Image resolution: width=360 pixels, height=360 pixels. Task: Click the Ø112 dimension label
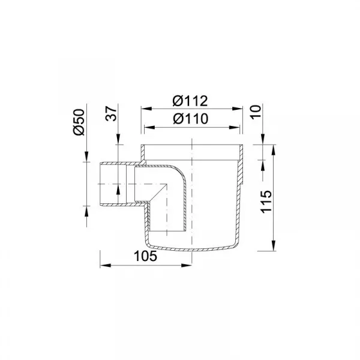click(x=190, y=101)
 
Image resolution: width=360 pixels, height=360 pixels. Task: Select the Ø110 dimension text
click(x=191, y=119)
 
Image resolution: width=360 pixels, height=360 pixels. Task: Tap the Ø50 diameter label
click(x=79, y=122)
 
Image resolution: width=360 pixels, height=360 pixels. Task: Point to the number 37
click(x=112, y=113)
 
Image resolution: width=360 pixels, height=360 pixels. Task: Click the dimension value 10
click(x=256, y=112)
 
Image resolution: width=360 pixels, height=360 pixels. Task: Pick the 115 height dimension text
click(x=266, y=202)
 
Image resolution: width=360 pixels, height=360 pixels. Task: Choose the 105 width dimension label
click(x=145, y=256)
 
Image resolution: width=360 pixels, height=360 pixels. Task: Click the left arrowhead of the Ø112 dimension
click(x=146, y=109)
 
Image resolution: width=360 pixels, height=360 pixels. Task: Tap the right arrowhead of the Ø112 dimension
click(x=237, y=109)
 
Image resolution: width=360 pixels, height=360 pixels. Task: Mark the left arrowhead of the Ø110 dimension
click(x=149, y=127)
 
